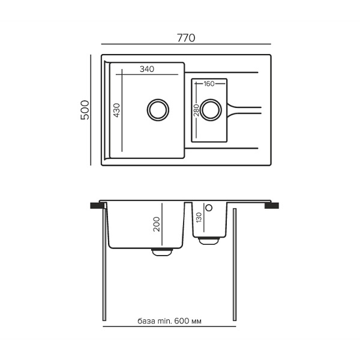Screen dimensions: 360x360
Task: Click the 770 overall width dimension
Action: pyautogui.click(x=186, y=38)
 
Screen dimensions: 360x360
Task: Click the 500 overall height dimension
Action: pyautogui.click(x=85, y=110)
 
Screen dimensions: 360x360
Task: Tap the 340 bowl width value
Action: pyautogui.click(x=147, y=69)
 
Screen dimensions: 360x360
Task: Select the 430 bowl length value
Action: pyautogui.click(x=116, y=110)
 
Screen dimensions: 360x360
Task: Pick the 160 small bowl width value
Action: pyautogui.click(x=209, y=84)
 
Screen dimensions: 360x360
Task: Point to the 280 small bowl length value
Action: pyautogui.click(x=197, y=110)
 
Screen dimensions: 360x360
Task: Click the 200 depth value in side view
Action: pyautogui.click(x=157, y=224)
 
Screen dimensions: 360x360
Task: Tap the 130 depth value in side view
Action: pyautogui.click(x=199, y=217)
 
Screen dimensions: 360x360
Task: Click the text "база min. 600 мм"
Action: pyautogui.click(x=169, y=321)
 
